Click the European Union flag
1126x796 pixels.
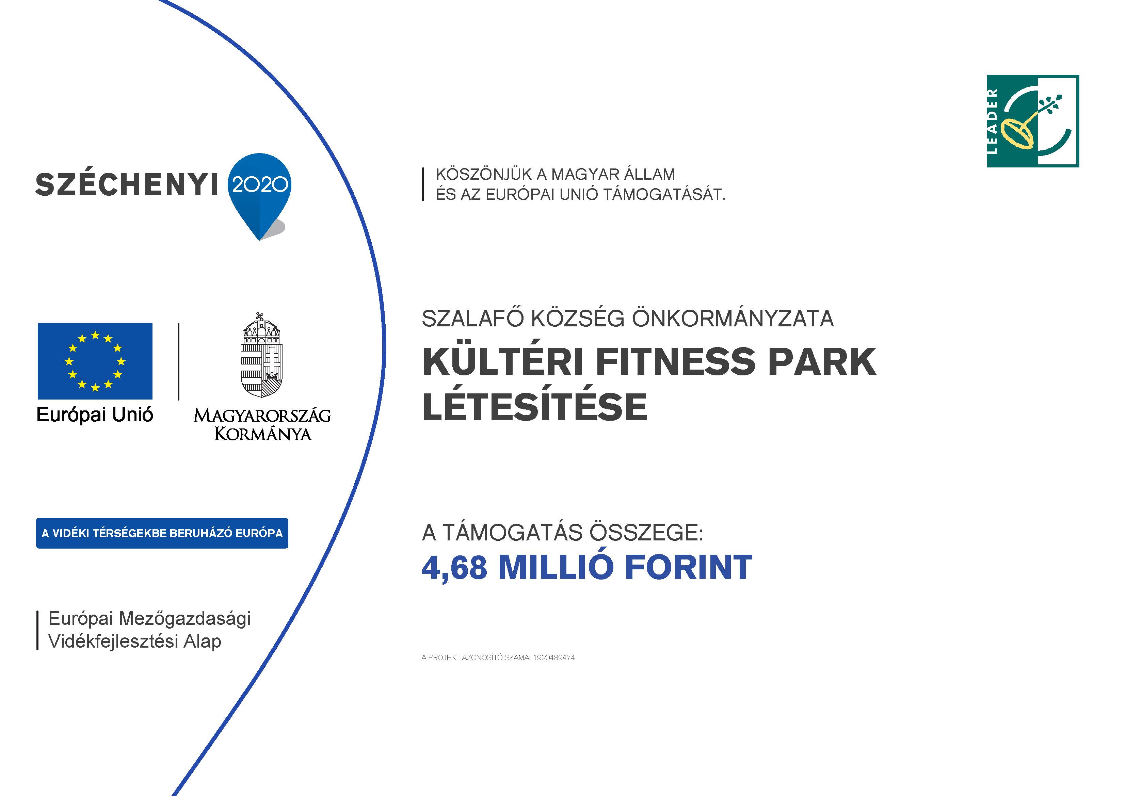tap(95, 361)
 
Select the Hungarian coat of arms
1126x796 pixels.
tap(262, 355)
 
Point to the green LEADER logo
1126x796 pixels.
tap(1033, 121)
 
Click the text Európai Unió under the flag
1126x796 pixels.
tap(95, 415)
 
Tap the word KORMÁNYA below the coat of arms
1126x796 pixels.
tap(263, 434)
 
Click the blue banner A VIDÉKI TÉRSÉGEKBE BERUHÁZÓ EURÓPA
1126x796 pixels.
tap(162, 533)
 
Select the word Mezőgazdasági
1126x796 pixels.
tap(184, 619)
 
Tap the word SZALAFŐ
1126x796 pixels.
tap(474, 319)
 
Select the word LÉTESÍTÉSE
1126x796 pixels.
tap(534, 407)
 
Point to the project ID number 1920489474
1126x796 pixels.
tap(554, 658)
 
